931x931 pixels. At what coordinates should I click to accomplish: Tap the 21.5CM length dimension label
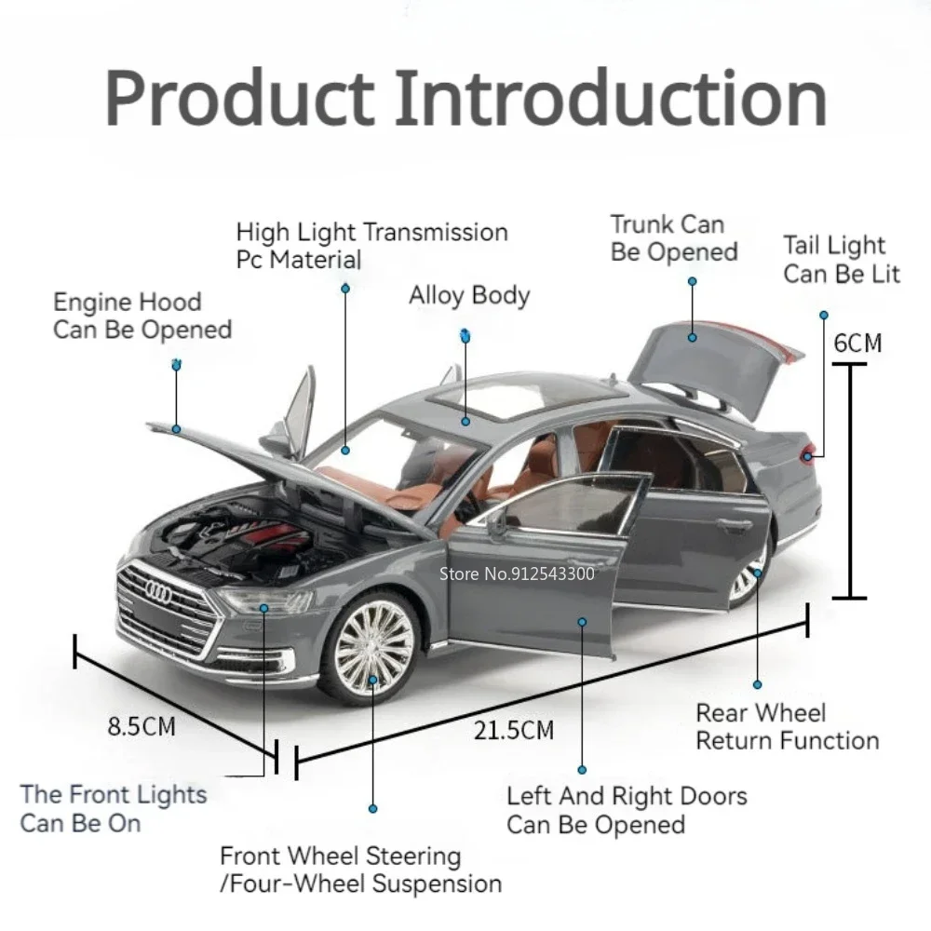click(514, 729)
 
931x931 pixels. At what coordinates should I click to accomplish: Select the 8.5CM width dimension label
click(141, 725)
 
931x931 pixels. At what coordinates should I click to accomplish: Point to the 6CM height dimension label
click(857, 343)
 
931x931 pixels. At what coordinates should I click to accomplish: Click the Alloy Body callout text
click(469, 296)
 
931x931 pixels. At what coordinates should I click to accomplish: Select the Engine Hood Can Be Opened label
click(142, 316)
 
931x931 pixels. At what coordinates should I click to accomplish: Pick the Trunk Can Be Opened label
click(674, 238)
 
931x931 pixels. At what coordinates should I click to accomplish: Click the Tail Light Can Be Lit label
click(842, 260)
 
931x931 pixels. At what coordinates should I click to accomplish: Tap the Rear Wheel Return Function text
click(787, 727)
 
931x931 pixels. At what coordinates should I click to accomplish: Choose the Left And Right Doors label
click(626, 810)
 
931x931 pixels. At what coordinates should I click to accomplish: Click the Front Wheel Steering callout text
click(360, 870)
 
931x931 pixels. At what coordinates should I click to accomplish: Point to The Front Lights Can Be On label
click(113, 808)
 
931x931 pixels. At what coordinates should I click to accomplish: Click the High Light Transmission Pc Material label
click(371, 245)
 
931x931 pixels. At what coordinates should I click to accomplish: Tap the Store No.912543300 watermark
click(516, 573)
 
